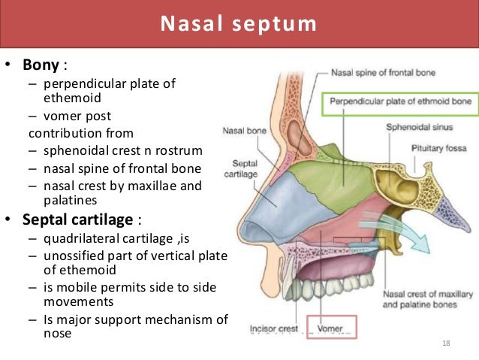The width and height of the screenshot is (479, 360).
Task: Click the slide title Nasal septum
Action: tap(239, 24)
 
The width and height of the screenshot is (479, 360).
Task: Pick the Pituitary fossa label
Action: tap(441, 149)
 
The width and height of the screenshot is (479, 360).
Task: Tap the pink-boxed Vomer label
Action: tap(330, 328)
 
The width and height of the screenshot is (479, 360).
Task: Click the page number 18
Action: tap(447, 343)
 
